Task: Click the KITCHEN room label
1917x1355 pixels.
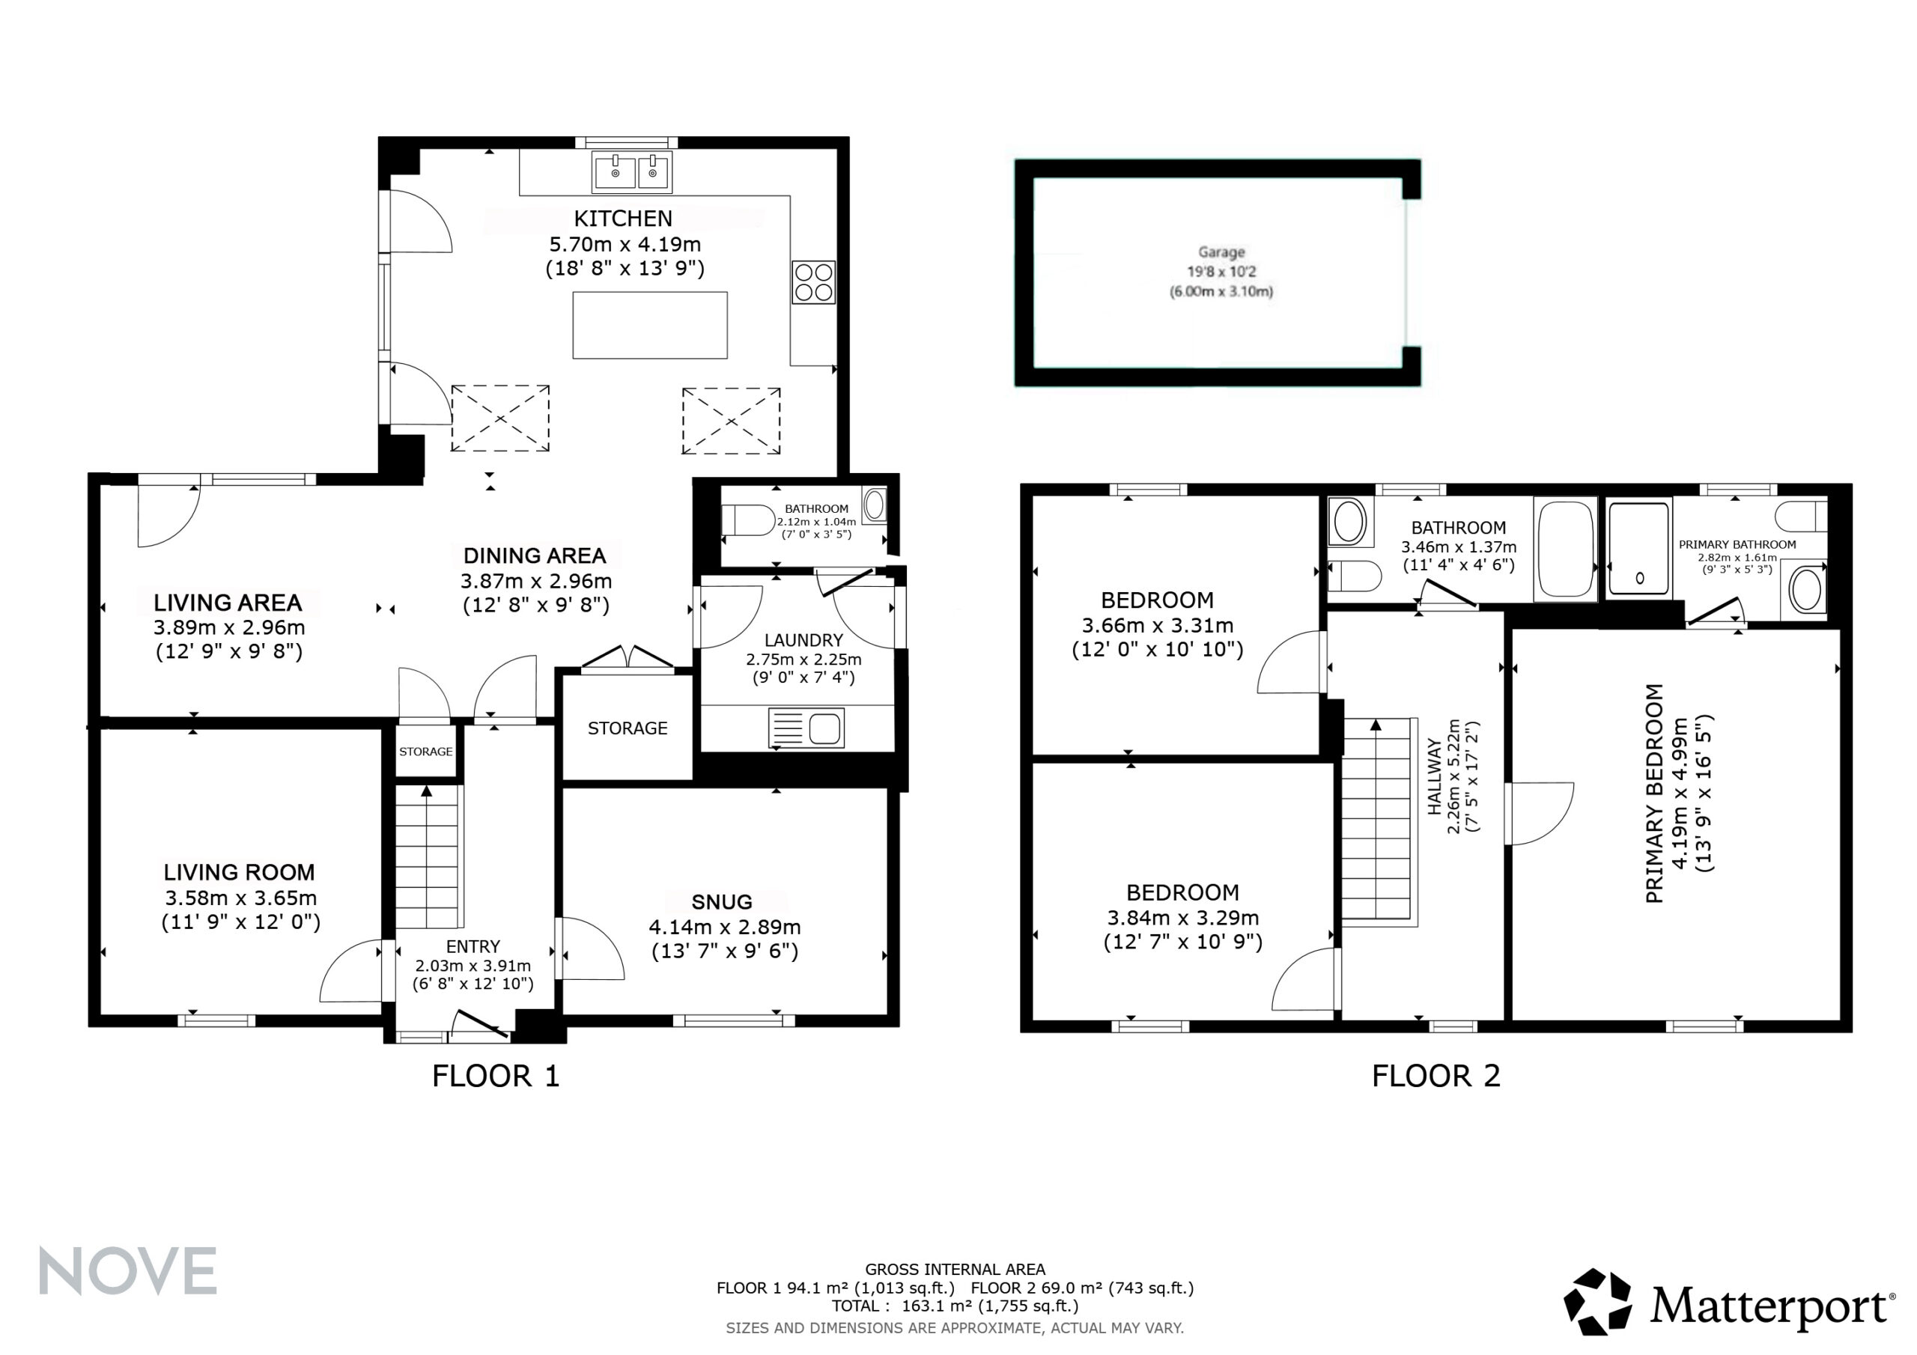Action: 623,219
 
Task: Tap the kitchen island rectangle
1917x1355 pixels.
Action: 649,325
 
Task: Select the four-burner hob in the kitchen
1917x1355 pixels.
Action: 814,282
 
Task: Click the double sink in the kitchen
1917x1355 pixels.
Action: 631,172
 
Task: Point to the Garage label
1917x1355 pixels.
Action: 1221,252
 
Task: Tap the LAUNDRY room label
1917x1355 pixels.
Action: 803,640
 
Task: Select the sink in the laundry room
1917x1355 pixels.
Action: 806,728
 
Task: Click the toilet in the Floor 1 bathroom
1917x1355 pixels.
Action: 748,520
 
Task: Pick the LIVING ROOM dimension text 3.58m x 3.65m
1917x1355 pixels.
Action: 240,898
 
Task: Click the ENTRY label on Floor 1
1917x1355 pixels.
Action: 473,947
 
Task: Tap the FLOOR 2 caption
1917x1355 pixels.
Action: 1436,1077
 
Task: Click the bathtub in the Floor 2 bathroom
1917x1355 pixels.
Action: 1566,549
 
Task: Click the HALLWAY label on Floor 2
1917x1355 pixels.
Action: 1435,776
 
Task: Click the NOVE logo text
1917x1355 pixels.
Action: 128,1270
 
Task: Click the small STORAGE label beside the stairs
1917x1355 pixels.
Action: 426,752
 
